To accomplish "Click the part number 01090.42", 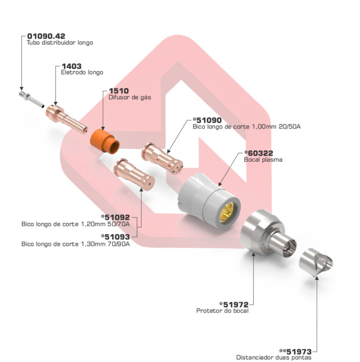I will (x=46, y=36).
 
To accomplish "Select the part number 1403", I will (x=71, y=66).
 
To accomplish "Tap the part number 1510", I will (x=119, y=90).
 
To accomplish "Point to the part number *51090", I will (x=207, y=120).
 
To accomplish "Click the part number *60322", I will (x=258, y=153).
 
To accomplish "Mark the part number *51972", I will (x=233, y=304).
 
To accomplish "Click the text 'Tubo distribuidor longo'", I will (x=60, y=43).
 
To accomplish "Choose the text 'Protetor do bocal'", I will (x=222, y=311).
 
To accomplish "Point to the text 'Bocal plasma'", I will (x=263, y=160).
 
